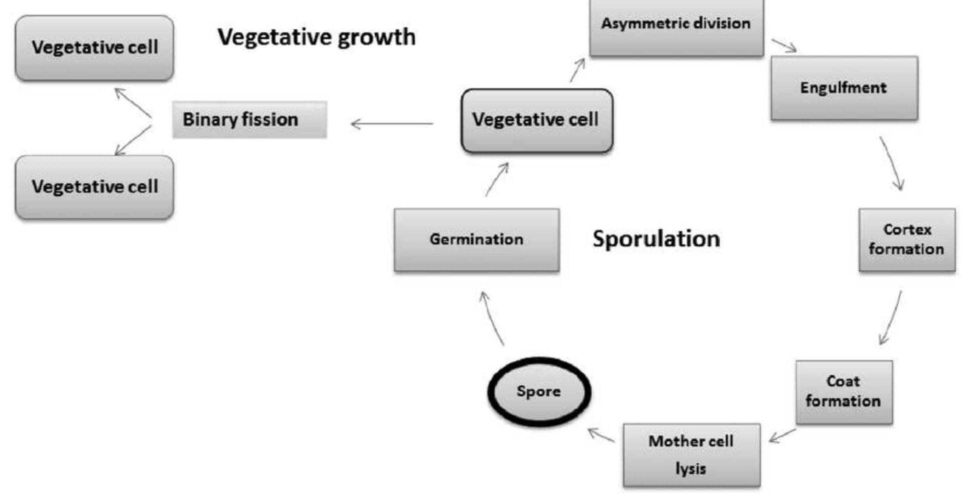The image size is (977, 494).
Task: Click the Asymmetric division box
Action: (676, 25)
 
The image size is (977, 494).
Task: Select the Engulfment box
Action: (844, 88)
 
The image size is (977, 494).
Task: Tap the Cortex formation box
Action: (907, 240)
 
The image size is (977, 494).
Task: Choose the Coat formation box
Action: (844, 391)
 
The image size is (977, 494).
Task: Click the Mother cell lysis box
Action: (691, 455)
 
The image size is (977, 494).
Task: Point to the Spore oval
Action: (539, 391)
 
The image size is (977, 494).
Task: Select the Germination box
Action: (476, 240)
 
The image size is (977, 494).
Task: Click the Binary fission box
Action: (249, 119)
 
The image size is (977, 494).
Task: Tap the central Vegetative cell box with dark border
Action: (537, 120)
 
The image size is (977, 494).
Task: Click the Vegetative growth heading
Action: (316, 37)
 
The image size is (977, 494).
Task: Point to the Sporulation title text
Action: (656, 239)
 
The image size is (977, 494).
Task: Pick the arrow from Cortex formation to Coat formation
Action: (891, 318)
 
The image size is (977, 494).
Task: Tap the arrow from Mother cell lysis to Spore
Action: (601, 435)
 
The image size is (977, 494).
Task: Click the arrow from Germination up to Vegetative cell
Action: (497, 179)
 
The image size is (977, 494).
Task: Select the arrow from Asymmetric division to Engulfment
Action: (784, 45)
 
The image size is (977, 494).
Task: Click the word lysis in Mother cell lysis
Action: (691, 468)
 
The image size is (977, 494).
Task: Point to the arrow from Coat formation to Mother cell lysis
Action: (783, 435)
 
